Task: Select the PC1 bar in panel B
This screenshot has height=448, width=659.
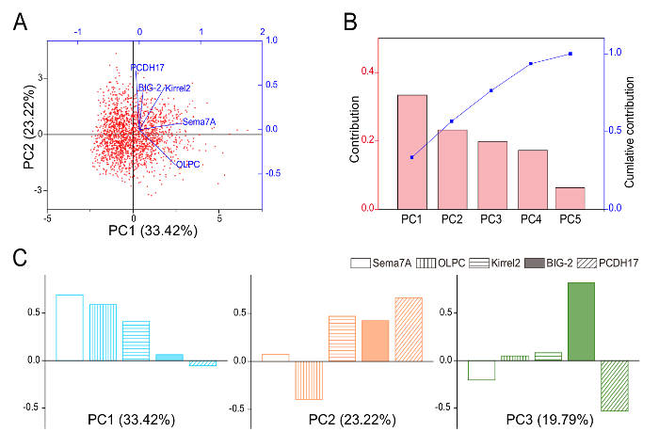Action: tap(412, 152)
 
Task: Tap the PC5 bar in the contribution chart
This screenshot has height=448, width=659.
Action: tap(570, 198)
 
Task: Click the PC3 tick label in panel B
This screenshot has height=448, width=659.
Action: tap(491, 218)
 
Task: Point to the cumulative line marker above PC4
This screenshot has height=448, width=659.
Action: tap(531, 63)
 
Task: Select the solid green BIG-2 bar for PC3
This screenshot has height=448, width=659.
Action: tap(581, 321)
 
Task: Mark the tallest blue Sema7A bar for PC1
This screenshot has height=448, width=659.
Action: tap(70, 328)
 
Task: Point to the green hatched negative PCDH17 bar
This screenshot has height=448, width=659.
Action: tap(615, 385)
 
